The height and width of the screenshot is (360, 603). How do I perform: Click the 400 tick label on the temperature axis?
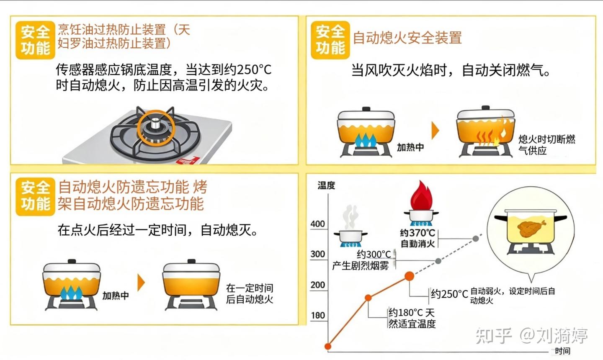point(318,224)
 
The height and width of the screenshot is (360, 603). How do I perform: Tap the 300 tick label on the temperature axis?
point(318,254)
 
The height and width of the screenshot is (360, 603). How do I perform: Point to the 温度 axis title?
point(326,185)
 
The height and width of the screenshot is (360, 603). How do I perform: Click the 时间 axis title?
point(562,351)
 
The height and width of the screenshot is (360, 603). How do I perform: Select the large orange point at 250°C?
point(409,276)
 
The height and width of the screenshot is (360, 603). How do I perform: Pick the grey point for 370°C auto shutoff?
point(476,238)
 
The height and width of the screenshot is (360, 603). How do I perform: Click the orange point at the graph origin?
point(328,346)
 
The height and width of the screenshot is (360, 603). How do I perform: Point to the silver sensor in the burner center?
point(155,123)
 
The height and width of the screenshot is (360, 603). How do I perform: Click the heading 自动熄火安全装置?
point(407,38)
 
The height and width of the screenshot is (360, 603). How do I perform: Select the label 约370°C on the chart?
point(417,232)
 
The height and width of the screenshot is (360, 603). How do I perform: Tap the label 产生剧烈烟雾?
point(361,265)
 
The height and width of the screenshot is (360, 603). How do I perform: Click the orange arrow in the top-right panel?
point(435,131)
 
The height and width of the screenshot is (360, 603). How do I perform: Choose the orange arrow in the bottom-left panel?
point(141,283)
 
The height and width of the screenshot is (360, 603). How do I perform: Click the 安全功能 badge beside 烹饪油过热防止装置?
point(35,40)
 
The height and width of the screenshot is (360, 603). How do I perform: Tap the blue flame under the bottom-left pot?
point(71,293)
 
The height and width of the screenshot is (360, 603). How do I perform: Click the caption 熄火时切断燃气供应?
point(547,145)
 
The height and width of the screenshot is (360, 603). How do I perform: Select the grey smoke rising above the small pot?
point(350,217)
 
